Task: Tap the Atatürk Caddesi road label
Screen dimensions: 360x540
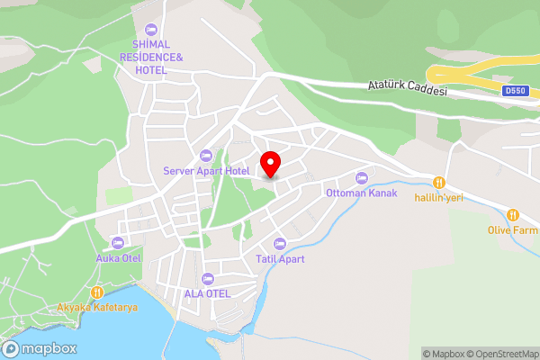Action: (x=407, y=87)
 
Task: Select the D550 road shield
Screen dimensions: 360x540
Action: (x=515, y=91)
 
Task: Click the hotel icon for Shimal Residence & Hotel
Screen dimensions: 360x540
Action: (x=150, y=30)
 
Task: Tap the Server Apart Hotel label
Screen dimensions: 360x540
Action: (x=206, y=171)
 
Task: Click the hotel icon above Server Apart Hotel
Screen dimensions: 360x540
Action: (x=206, y=156)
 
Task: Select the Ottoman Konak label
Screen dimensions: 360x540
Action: (x=362, y=193)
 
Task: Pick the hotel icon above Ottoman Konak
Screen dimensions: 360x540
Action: (x=362, y=177)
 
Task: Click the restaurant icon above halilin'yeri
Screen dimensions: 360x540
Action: (x=439, y=181)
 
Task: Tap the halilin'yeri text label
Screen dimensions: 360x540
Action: (x=439, y=197)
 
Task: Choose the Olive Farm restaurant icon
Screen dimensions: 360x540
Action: (x=513, y=215)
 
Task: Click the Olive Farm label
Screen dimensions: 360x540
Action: (x=512, y=230)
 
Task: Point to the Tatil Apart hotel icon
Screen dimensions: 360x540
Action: (x=279, y=243)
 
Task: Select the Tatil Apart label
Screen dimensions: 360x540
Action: (x=279, y=259)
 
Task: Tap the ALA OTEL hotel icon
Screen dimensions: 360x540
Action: (x=208, y=277)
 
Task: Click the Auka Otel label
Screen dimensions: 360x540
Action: (x=118, y=258)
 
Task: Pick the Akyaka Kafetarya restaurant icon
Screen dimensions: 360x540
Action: (x=97, y=292)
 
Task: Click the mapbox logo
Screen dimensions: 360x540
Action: (x=40, y=349)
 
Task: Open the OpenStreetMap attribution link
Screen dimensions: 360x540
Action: (x=499, y=354)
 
